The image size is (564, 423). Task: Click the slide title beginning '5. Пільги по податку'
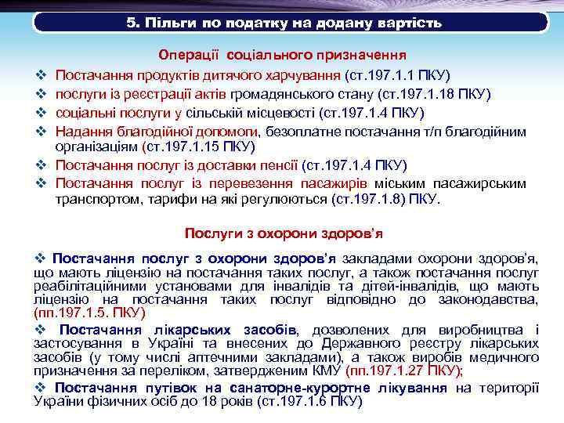point(284,23)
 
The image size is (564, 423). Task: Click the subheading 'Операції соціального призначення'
point(281,56)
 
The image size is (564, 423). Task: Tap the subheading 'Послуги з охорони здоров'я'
point(283,233)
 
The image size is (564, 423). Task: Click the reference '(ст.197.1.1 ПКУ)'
point(396,75)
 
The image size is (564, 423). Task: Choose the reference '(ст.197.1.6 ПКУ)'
point(312,401)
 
